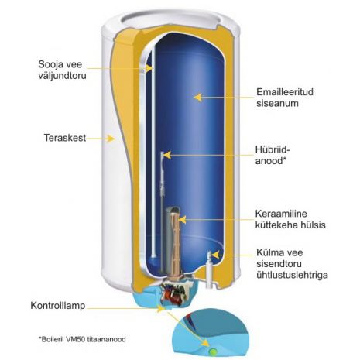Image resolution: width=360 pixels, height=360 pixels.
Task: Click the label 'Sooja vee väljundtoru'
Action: pos(62,70)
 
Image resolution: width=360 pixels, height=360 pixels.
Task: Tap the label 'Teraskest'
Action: pos(65,138)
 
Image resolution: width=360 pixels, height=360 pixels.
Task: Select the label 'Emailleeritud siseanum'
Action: pos(285,98)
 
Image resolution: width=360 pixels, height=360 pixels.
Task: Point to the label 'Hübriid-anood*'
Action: pos(271,155)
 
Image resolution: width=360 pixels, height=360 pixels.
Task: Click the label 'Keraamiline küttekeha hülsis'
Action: pos(290,219)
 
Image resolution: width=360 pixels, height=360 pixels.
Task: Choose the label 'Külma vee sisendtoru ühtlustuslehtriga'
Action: pos(292,263)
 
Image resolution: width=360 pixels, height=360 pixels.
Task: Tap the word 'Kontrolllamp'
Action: pos(58,306)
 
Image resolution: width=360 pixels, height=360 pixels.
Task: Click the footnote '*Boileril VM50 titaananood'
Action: pos(82,339)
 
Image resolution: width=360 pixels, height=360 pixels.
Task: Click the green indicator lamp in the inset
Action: pos(213,351)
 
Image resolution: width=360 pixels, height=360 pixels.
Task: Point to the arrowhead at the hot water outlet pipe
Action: pos(149,68)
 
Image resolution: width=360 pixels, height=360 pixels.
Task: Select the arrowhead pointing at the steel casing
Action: pos(111,139)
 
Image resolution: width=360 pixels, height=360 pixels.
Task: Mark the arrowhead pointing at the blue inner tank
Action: pos(197,98)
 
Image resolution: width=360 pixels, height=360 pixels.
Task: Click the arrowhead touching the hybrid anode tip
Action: pos(167,155)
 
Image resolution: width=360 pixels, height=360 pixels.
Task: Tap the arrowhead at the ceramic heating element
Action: pos(182,220)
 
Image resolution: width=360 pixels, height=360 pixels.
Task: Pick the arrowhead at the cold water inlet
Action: pos(214,255)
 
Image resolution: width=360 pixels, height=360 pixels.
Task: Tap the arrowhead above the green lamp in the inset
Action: pos(205,342)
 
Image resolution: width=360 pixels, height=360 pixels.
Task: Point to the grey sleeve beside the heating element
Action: pos(169,240)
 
